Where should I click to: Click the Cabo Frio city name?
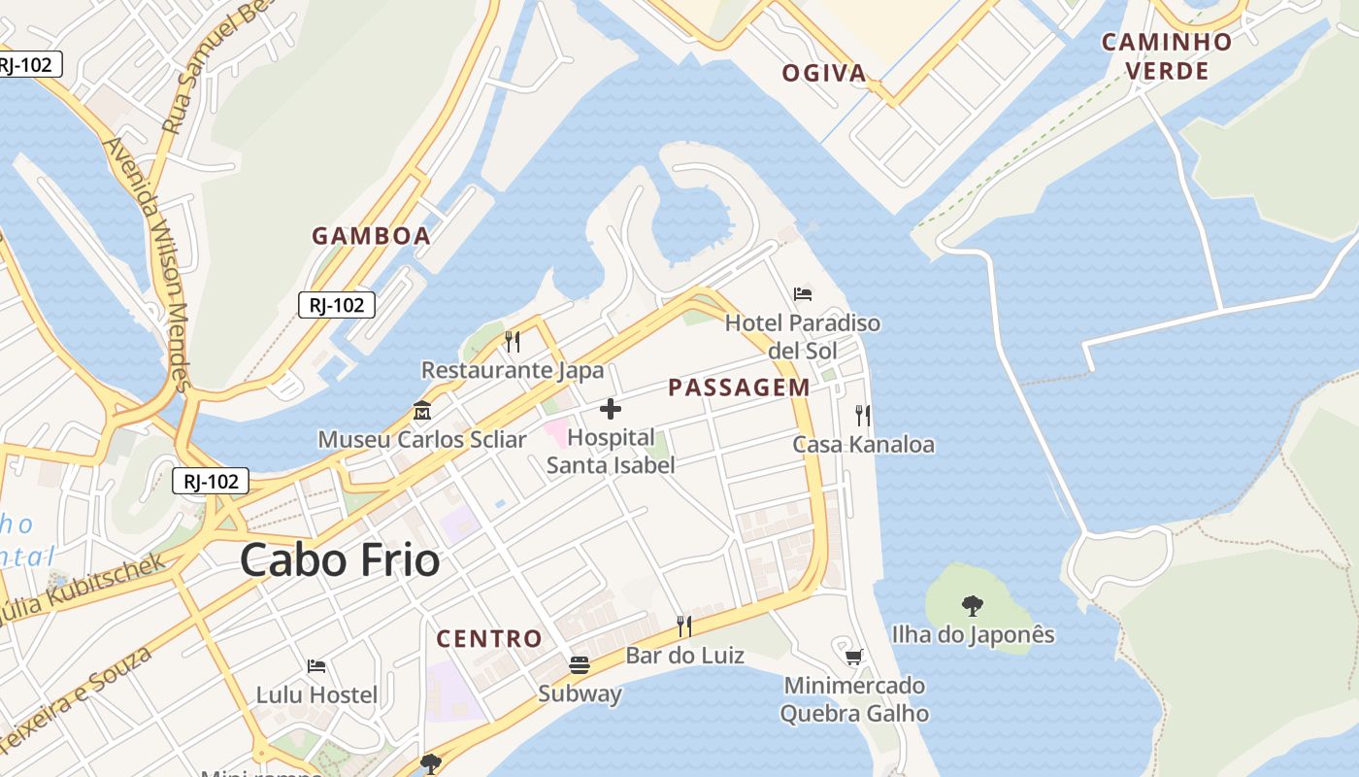click(340, 560)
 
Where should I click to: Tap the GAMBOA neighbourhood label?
click(371, 235)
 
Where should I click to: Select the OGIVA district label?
click(824, 73)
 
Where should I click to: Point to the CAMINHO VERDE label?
click(1167, 56)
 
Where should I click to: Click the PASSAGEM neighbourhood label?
click(739, 388)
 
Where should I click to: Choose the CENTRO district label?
click(489, 638)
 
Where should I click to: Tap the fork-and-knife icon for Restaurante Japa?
click(513, 341)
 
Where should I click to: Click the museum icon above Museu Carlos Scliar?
click(422, 410)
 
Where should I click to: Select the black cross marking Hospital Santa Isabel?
click(611, 409)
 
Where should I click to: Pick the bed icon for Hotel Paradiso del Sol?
click(803, 293)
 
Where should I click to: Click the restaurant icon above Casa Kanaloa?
click(863, 416)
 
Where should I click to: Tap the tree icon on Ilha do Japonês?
click(973, 606)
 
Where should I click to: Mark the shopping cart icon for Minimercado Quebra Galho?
click(854, 658)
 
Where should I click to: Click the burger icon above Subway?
click(580, 665)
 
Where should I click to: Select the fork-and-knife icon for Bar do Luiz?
click(684, 626)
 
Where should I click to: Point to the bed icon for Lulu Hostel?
click(316, 666)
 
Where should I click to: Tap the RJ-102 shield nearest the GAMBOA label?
click(337, 305)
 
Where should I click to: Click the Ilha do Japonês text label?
click(973, 634)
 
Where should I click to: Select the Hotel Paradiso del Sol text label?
click(803, 335)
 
